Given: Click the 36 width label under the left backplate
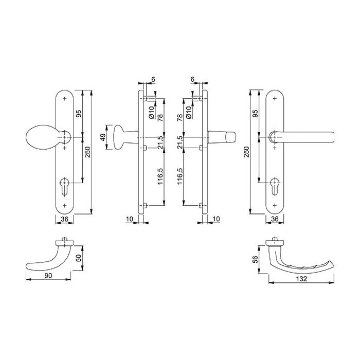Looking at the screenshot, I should point(65,219).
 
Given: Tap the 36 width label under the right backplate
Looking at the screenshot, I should point(276,219).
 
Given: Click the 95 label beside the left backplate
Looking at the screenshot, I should point(79,114).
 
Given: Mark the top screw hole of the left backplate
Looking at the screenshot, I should point(65,98).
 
